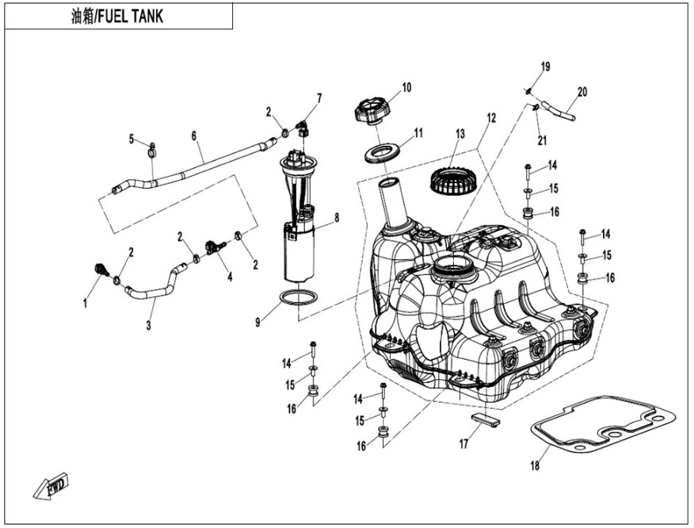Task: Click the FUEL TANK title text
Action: tap(117, 16)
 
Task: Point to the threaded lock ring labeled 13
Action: tap(451, 182)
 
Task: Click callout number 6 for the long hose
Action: tap(193, 136)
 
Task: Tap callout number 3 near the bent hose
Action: tap(150, 325)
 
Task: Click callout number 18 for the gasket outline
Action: tap(535, 465)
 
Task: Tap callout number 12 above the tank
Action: tap(491, 118)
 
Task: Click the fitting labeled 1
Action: tap(100, 270)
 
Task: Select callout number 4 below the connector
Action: tap(230, 277)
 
